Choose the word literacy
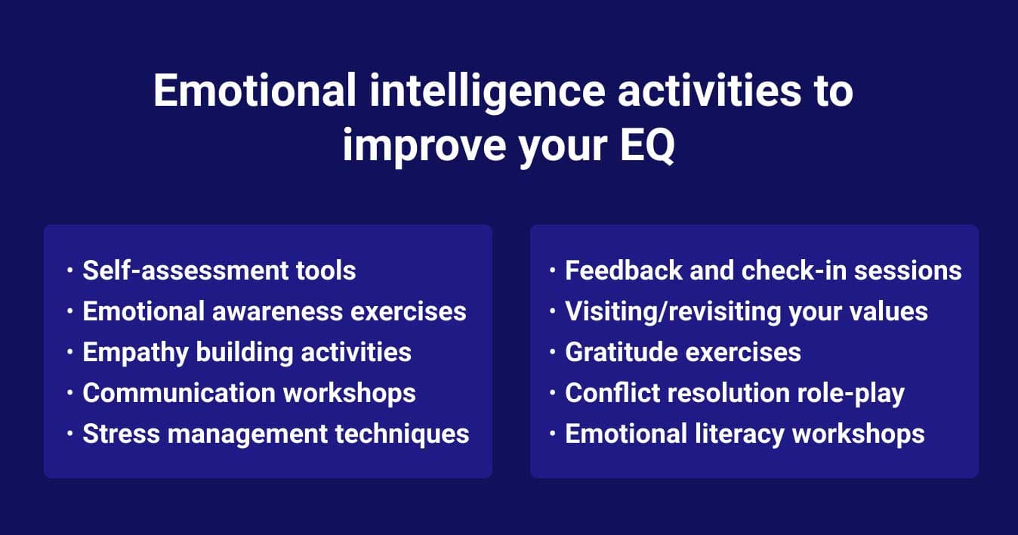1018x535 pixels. coord(742,434)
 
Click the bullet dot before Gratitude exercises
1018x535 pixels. coord(553,351)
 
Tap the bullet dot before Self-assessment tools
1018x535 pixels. coord(69,270)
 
